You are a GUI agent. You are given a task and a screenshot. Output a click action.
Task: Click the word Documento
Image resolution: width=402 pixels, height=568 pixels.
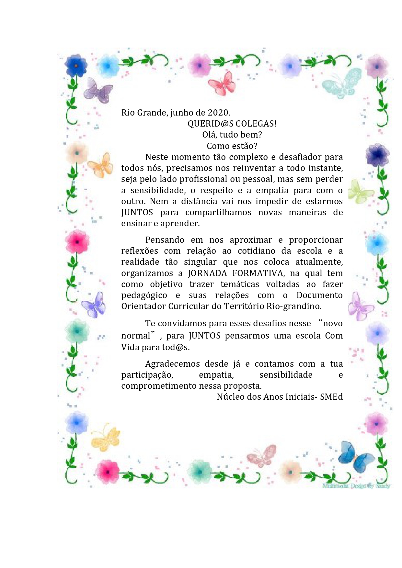[x=319, y=295]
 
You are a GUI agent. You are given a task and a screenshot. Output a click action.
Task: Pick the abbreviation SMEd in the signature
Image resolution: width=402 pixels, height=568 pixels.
[x=331, y=397]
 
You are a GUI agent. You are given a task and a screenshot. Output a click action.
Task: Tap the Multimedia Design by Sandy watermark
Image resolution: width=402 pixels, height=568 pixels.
[x=356, y=485]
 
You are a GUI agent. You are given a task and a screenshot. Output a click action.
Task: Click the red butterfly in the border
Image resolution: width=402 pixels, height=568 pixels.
[x=222, y=84]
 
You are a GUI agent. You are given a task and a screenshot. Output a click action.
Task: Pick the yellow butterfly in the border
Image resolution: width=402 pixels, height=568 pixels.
[x=106, y=439]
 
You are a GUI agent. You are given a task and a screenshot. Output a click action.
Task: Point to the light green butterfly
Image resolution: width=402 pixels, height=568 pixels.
[x=360, y=192]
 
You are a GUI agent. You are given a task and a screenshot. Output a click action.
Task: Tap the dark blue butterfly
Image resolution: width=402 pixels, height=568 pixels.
[x=355, y=457]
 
